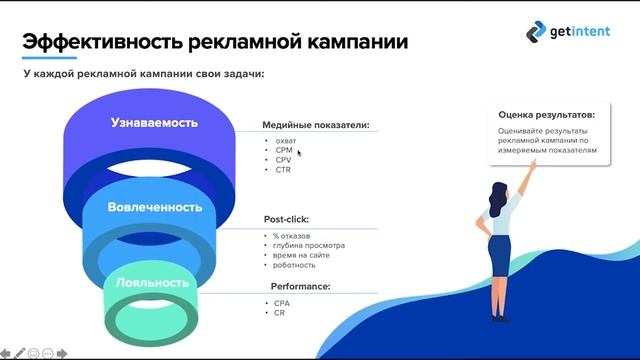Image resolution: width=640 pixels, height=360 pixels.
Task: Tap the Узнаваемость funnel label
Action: (x=154, y=122)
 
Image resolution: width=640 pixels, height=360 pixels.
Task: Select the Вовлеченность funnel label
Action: (x=155, y=207)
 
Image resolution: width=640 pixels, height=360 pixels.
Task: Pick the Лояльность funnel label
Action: (x=152, y=283)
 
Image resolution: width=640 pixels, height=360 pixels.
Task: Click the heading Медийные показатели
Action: (x=316, y=126)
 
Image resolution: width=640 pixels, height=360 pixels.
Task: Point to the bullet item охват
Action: (x=287, y=142)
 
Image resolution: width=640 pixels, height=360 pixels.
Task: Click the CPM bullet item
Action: (x=285, y=151)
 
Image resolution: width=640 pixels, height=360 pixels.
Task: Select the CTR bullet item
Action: (x=284, y=170)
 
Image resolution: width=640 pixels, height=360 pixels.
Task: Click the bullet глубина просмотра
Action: (x=308, y=245)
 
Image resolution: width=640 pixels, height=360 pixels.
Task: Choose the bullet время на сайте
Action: (x=303, y=255)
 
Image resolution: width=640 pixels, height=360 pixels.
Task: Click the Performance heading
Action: (x=297, y=286)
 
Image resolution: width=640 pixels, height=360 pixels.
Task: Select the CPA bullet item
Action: (x=283, y=303)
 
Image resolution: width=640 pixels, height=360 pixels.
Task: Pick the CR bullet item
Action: (x=281, y=313)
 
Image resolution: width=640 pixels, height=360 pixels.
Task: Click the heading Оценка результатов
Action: (x=546, y=115)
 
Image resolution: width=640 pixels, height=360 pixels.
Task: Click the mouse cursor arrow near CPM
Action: (x=299, y=153)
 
